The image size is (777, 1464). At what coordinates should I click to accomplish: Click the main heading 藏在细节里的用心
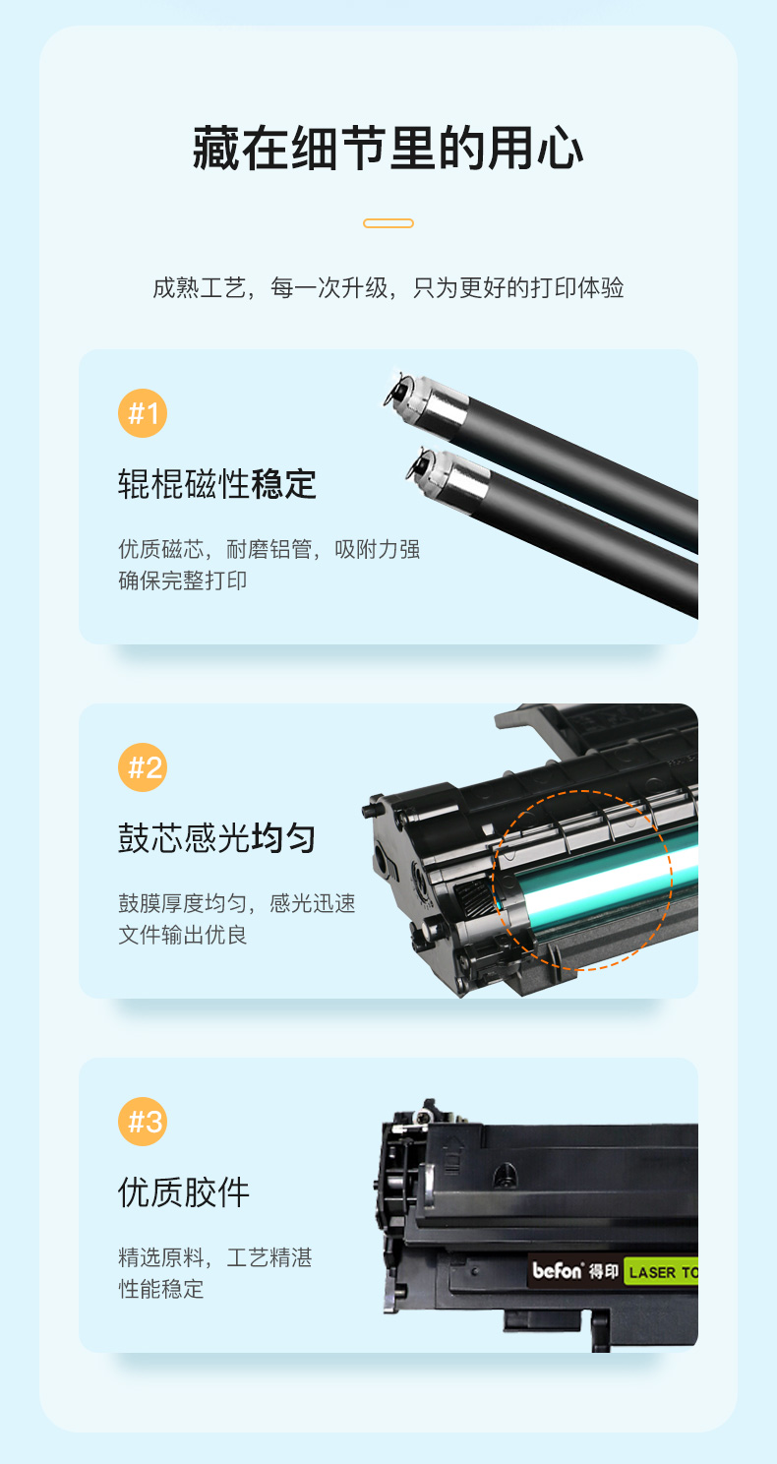[x=388, y=149]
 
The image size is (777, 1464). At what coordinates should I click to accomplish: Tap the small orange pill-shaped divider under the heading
[x=388, y=223]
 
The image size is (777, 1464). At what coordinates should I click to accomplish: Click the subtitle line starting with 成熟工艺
[x=388, y=287]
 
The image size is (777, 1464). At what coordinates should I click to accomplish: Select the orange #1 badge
[x=143, y=413]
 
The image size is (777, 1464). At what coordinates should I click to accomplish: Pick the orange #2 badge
[x=143, y=767]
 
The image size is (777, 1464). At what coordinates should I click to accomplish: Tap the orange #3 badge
[x=143, y=1122]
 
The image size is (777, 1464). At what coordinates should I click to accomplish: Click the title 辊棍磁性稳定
[x=217, y=484]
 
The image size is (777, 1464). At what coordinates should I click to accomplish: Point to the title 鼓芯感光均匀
[x=217, y=838]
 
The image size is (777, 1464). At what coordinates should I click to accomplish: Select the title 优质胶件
[x=184, y=1192]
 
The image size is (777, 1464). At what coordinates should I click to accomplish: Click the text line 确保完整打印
[x=182, y=580]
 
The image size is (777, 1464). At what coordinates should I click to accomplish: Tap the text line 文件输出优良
[x=182, y=935]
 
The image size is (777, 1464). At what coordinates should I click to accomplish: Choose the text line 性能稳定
[x=160, y=1289]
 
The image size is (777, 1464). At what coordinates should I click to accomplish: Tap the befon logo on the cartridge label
[x=558, y=1270]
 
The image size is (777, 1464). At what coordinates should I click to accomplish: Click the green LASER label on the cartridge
[x=661, y=1272]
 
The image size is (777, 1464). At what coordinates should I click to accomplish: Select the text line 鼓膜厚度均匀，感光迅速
[x=237, y=903]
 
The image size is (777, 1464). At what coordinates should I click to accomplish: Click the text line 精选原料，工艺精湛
[x=215, y=1257]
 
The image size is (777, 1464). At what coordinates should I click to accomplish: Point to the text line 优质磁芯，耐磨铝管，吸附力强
[x=269, y=549]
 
